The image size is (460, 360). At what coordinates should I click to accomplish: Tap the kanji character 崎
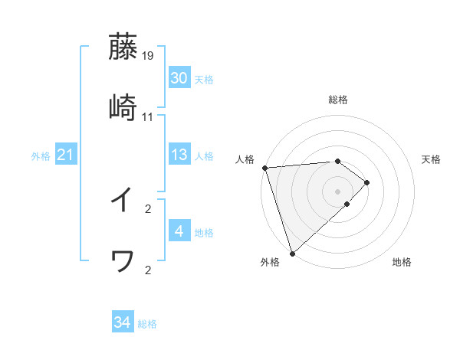point(123,108)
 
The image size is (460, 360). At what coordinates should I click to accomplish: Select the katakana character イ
point(123,201)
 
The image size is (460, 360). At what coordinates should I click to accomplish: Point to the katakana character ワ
point(123,262)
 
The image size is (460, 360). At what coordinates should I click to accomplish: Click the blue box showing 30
point(179,78)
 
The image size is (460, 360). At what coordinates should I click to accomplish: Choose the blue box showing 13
point(179,155)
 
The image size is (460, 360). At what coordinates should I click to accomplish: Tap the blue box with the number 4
point(179,231)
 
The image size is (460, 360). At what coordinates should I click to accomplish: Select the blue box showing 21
point(66,155)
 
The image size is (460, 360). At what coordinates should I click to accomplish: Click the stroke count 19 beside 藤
point(148,55)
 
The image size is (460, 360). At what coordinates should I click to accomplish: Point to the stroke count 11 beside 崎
point(148,117)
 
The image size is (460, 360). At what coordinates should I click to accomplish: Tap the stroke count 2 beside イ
point(148,208)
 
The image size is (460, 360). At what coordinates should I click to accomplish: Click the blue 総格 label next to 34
point(147,324)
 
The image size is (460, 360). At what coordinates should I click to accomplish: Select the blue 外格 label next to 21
point(41,156)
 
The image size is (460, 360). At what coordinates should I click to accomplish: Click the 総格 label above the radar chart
point(338,100)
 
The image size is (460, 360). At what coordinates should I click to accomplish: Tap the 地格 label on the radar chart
point(402,262)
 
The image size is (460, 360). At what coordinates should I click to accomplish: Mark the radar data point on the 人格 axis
point(264,168)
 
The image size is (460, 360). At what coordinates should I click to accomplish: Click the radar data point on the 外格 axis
point(291,253)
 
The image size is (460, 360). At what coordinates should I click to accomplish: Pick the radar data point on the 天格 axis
point(368,182)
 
